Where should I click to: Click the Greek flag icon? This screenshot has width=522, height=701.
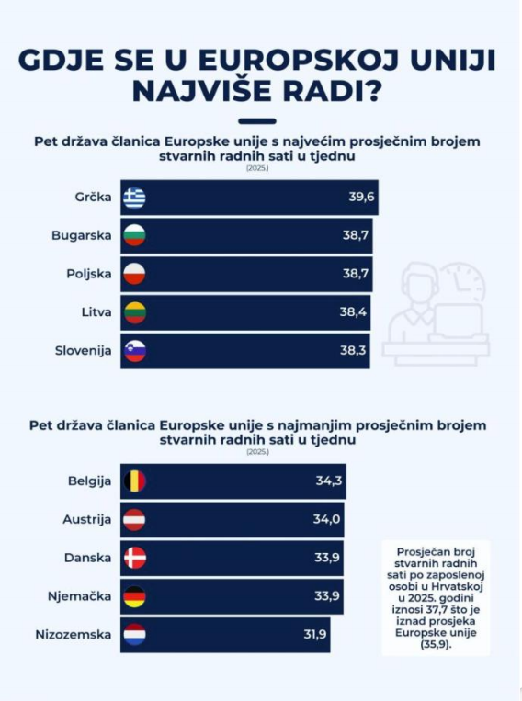point(135,198)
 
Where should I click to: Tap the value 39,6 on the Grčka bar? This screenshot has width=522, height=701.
point(361,197)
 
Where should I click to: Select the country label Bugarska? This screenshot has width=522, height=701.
point(82,235)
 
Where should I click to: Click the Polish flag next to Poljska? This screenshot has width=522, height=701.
point(135,274)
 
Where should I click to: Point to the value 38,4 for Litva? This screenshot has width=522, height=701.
point(353,311)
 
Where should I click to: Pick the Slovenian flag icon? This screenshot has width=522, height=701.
point(135,351)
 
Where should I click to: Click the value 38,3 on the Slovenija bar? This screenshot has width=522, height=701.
point(353,350)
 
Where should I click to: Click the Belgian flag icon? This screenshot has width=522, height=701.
point(135,481)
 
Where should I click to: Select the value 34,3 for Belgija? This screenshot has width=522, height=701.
point(329,481)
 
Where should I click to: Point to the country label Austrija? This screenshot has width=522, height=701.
point(86,519)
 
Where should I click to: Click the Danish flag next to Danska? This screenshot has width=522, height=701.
point(135,558)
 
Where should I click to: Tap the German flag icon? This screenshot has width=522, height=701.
point(135,596)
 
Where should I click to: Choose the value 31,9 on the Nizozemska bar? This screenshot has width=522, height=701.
point(315,634)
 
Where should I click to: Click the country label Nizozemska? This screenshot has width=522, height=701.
point(74,635)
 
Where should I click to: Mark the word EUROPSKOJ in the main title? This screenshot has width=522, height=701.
point(298,61)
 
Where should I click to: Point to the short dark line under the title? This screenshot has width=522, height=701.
point(257,121)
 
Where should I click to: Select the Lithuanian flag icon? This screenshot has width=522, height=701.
point(135,312)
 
